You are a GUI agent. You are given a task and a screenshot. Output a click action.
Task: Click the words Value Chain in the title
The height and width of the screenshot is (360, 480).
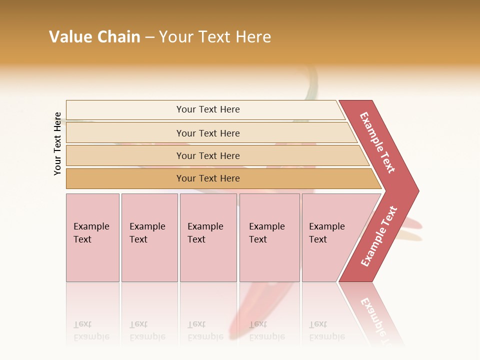point(94,37)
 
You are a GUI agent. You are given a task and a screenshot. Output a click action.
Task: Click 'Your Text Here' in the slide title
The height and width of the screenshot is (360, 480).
point(215,37)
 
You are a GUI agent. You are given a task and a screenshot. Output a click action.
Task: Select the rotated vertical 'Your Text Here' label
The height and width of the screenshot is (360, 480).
point(57,143)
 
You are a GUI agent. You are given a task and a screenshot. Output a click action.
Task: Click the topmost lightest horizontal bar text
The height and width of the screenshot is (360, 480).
point(208,109)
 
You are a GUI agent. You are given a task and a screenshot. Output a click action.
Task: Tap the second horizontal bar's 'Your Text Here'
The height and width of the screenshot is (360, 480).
point(208,133)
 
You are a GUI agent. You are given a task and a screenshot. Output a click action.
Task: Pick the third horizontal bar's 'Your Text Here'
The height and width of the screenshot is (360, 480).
point(208,156)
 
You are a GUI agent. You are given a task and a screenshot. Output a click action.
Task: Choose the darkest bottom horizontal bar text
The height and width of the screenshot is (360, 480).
point(208,178)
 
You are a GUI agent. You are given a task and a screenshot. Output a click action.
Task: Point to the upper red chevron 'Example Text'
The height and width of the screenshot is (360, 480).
point(377,142)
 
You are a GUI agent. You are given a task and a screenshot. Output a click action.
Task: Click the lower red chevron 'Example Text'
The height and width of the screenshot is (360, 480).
point(379,236)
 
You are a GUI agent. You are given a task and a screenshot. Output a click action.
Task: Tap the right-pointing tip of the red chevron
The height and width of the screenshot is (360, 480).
point(416,190)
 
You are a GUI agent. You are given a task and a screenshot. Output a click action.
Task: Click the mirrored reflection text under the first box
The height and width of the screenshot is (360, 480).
point(91,331)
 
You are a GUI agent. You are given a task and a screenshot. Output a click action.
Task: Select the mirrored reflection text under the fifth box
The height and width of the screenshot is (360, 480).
point(326,331)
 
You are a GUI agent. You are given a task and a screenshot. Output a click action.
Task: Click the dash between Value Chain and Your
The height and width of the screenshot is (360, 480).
point(149,37)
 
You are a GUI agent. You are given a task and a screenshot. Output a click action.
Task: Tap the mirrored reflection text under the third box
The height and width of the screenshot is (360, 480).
point(205,331)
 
